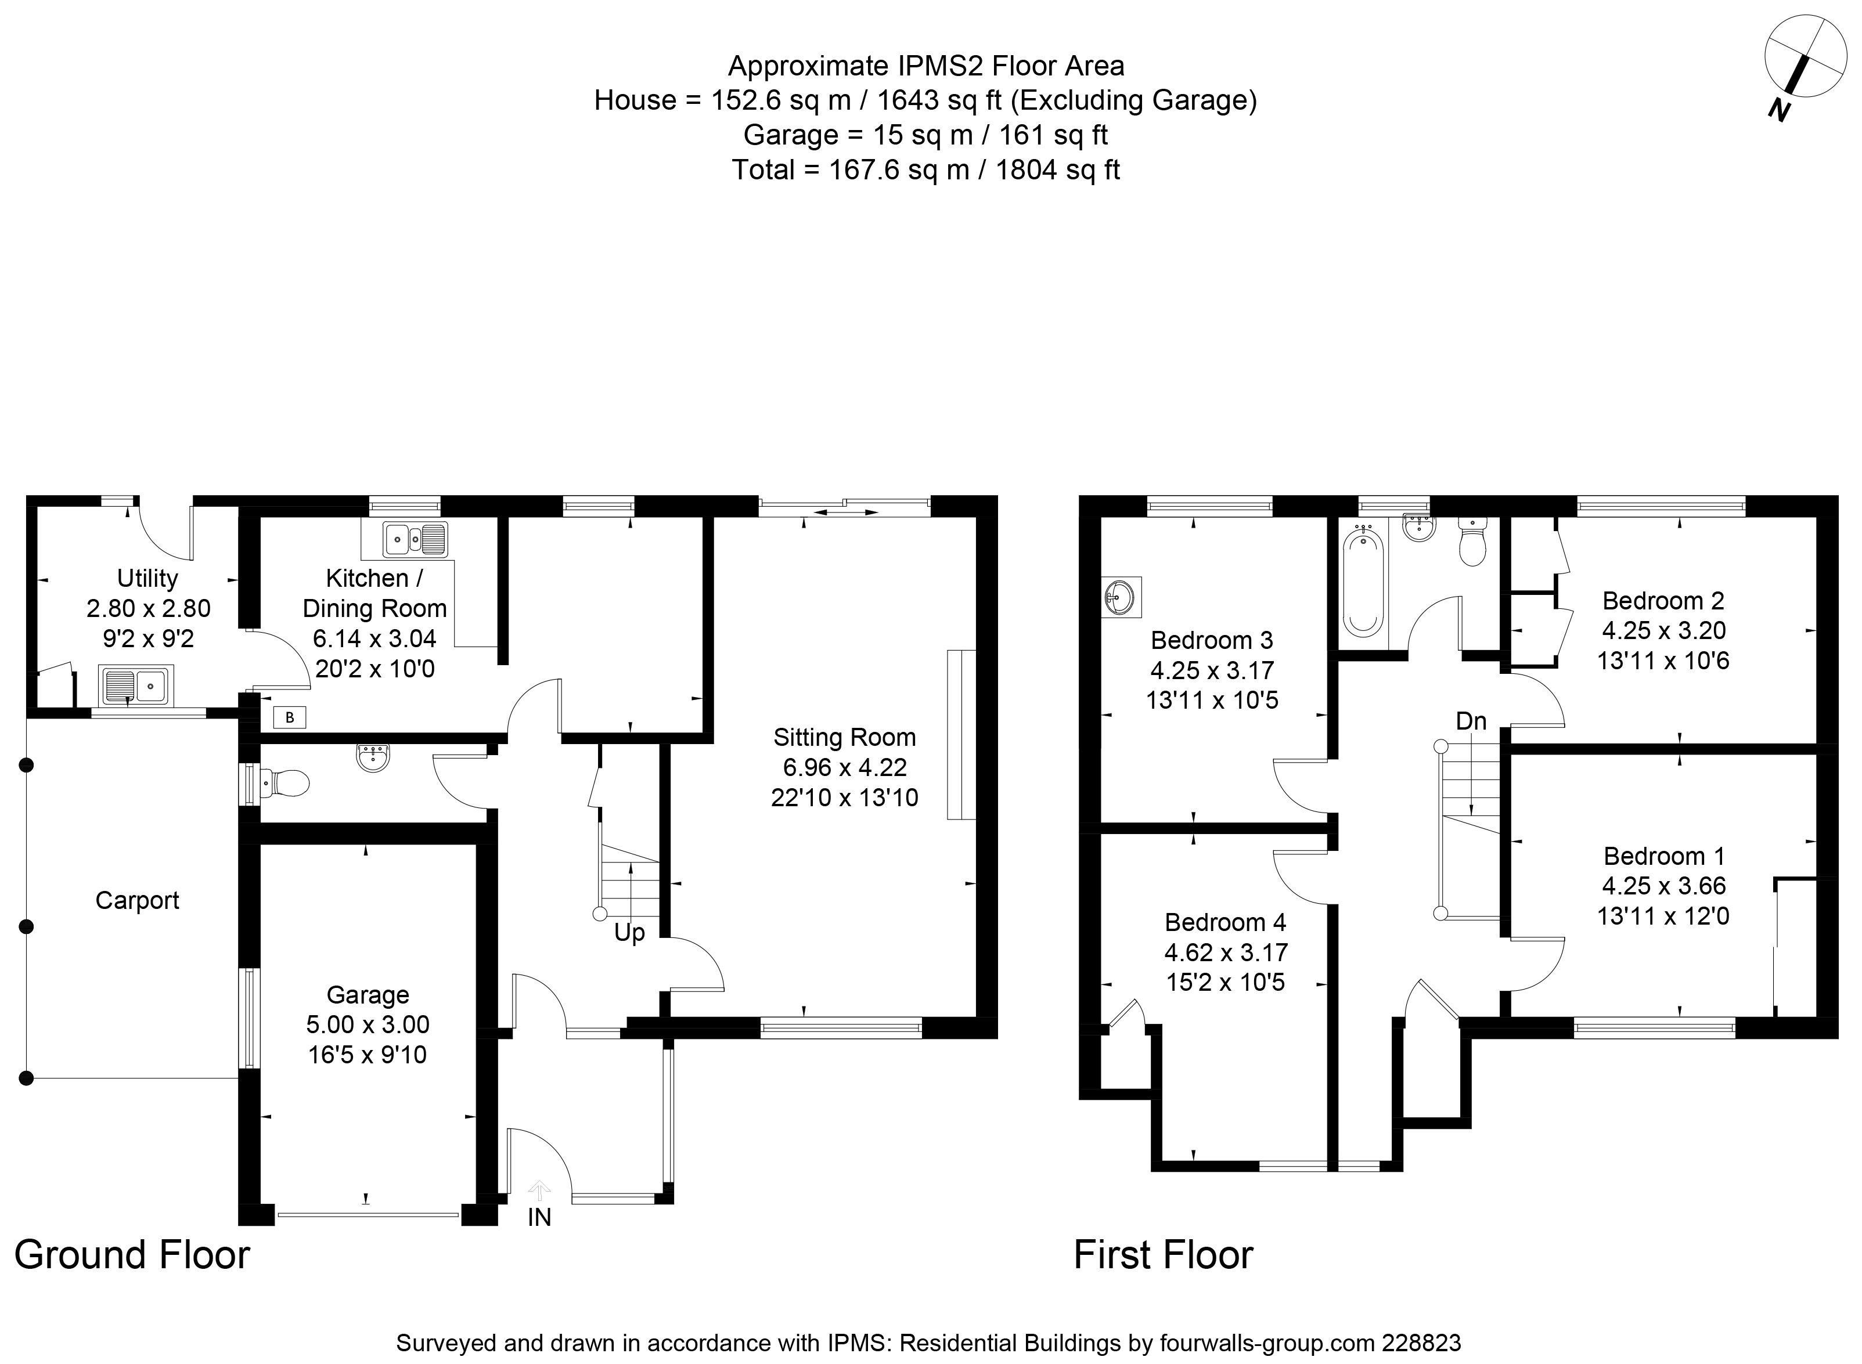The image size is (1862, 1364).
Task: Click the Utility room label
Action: point(147,578)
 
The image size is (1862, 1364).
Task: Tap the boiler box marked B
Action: point(290,717)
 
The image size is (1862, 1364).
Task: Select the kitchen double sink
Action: point(415,540)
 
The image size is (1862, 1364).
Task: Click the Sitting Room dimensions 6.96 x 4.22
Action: point(844,767)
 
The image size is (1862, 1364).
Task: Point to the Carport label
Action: point(137,900)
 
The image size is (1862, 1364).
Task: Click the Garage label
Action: point(368,995)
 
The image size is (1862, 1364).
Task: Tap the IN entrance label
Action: point(539,1217)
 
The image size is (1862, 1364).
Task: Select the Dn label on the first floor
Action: point(1471,721)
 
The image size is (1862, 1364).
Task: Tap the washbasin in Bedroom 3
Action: point(1121,596)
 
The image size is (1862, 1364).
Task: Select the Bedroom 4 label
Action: point(1226,922)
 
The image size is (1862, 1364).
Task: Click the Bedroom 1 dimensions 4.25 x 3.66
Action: point(1663,885)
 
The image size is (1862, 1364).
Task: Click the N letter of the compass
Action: point(1778,109)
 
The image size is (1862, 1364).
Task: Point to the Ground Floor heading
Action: point(132,1255)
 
